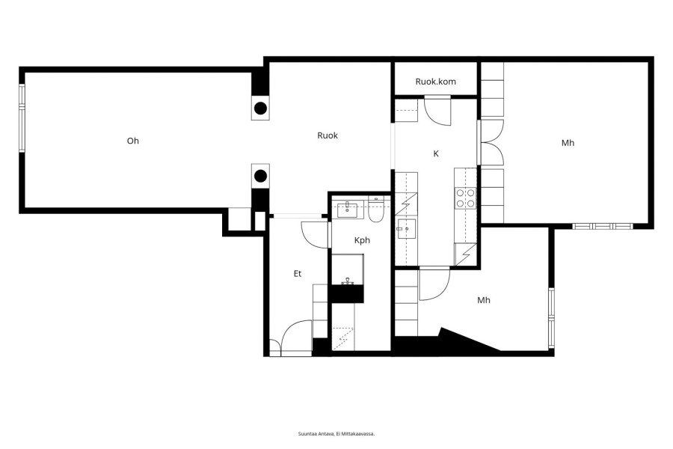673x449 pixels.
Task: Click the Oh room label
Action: [133, 141]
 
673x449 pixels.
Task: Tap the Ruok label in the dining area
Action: [328, 135]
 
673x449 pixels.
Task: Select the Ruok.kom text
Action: [436, 82]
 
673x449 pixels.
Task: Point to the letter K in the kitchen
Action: [436, 154]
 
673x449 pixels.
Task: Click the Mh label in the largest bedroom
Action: [568, 143]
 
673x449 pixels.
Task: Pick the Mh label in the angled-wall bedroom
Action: [484, 300]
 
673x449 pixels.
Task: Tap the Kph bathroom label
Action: [362, 241]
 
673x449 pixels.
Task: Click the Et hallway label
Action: [298, 274]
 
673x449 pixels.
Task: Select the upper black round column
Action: [260, 109]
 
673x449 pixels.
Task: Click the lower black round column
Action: [260, 176]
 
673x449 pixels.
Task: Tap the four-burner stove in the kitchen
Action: [466, 198]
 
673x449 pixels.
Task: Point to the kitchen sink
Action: [406, 229]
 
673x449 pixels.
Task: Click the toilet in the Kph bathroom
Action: [376, 211]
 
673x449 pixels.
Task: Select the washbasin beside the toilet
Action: [347, 210]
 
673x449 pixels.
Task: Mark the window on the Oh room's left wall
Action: [22, 117]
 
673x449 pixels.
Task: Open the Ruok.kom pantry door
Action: [437, 112]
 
